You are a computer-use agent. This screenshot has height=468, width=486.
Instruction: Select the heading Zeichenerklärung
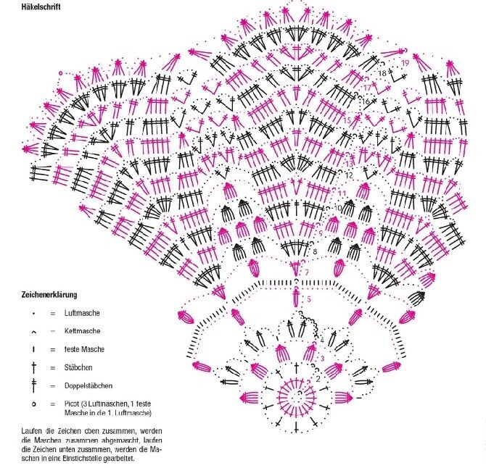click(49, 296)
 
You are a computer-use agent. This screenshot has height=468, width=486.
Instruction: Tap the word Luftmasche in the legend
click(82, 313)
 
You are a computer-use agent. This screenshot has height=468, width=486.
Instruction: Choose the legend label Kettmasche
click(82, 331)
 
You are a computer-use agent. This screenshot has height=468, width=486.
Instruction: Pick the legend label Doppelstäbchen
click(88, 385)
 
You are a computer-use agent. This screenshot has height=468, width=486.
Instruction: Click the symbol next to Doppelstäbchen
click(33, 385)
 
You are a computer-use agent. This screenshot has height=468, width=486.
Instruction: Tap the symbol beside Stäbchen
click(33, 367)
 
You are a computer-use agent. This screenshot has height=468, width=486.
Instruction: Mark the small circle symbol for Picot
click(33, 404)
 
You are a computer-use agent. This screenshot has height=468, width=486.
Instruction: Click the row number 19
click(405, 63)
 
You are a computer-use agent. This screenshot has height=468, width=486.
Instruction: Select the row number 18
click(382, 73)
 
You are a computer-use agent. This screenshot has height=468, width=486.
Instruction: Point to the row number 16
click(366, 102)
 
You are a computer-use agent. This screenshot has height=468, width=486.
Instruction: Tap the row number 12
click(349, 175)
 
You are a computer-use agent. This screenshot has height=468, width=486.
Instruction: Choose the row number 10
click(337, 209)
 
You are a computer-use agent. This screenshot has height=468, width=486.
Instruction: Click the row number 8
click(315, 251)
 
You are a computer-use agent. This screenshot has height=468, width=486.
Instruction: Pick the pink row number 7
click(308, 272)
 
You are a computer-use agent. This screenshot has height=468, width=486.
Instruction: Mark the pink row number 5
click(309, 299)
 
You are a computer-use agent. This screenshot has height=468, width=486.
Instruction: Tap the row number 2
click(318, 378)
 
